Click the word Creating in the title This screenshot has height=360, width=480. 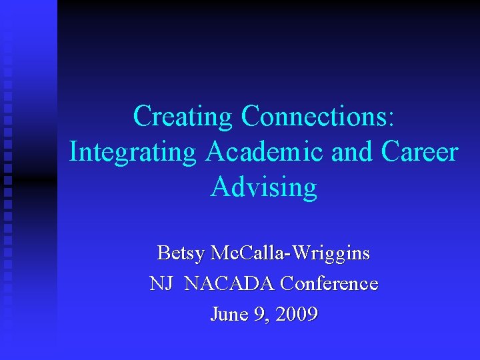pos(183,116)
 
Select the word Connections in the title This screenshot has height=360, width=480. pos(313,116)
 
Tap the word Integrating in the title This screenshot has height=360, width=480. pos(133,151)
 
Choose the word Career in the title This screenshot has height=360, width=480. pos(420,151)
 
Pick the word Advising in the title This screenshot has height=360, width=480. pos(264,187)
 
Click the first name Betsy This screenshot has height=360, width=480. pos(180,253)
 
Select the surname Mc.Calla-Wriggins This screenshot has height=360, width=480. pos(290,253)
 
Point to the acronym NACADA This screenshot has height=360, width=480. pos(229,284)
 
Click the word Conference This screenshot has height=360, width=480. pos(329,284)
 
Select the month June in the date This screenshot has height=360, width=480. pos(228,313)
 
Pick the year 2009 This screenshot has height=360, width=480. pos(296,313)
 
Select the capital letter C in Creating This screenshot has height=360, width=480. pos(143,116)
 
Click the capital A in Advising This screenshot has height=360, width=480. pos(221,187)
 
